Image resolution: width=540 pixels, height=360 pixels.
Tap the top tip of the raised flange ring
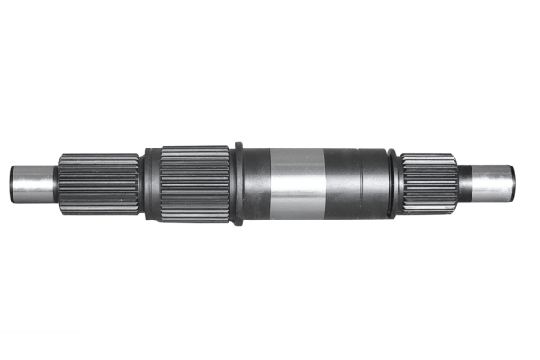[x=238, y=144]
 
